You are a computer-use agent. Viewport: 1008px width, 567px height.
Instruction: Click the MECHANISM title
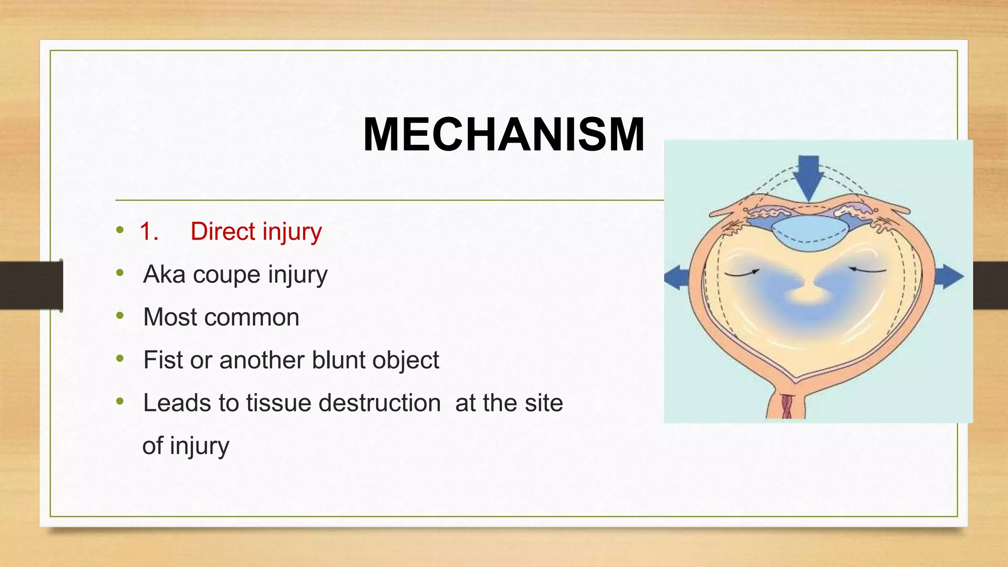(x=504, y=134)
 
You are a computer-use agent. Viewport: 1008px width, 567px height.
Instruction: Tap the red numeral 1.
(x=148, y=231)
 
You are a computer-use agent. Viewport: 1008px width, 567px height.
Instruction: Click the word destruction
(x=379, y=403)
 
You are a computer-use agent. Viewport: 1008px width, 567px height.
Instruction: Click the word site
(x=543, y=403)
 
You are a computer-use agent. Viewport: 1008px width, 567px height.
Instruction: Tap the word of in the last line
(x=152, y=445)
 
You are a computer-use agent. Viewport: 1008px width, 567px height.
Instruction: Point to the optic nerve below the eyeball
(x=787, y=405)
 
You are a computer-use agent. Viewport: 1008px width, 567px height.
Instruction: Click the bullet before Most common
(x=120, y=316)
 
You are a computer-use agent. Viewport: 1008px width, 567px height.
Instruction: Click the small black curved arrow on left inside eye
(x=742, y=272)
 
